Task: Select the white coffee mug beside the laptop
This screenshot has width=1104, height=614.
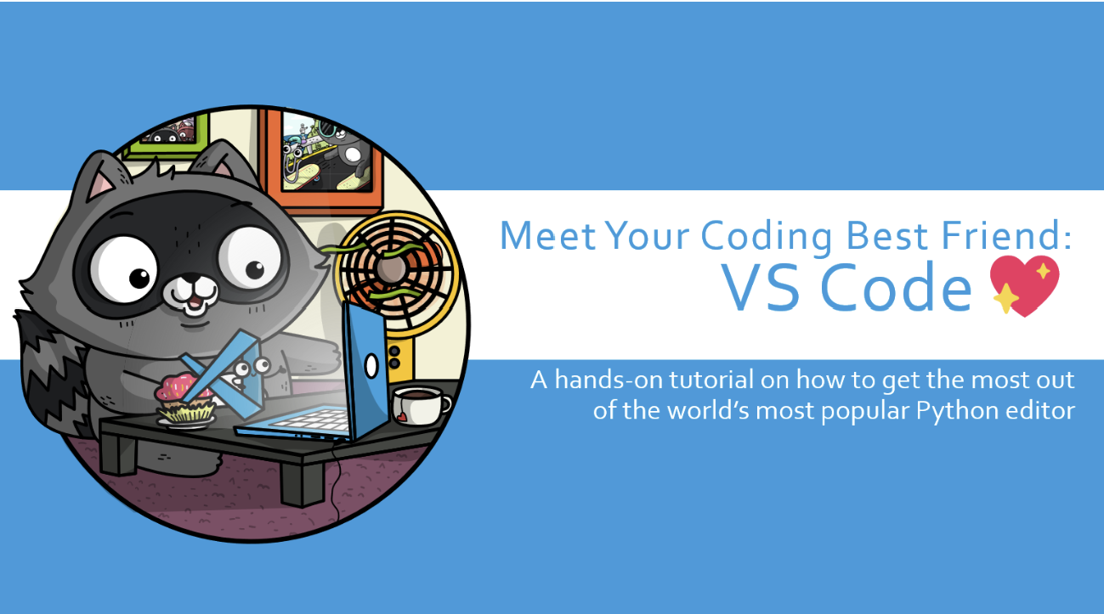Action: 420,405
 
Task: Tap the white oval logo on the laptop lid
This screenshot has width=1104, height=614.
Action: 371,366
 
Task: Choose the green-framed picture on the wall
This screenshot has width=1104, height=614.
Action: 167,133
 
